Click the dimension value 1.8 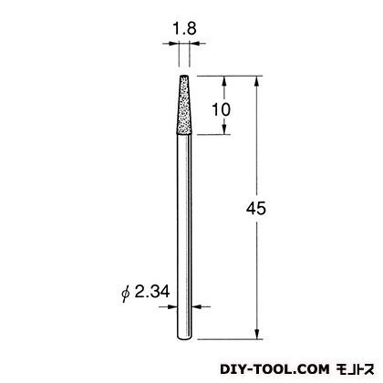point(184,29)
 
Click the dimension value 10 point(221,109)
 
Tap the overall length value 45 point(256,209)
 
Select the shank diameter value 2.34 point(151,292)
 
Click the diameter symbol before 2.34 point(125,294)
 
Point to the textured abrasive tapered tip point(184,105)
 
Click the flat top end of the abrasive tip point(184,76)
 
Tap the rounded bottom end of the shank point(184,338)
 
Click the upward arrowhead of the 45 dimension point(257,81)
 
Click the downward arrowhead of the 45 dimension point(257,334)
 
